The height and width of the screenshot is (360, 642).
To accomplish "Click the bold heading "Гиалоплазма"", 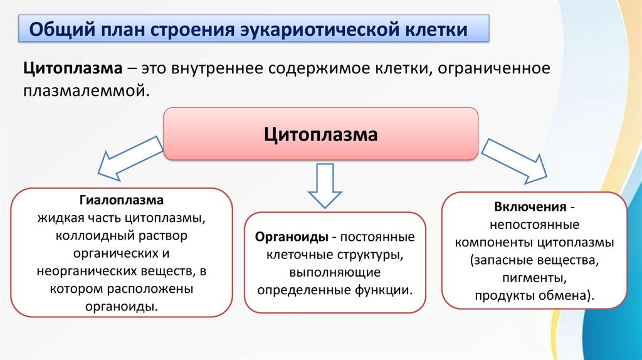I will click(121, 201).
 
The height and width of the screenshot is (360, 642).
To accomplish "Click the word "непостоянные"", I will click(535, 224).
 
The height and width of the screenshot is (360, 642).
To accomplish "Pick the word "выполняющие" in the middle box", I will click(334, 273).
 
